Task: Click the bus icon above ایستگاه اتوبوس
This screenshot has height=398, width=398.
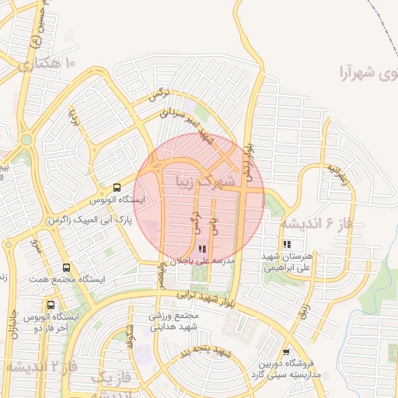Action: point(117,187)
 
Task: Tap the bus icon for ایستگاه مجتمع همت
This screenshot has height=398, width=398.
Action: point(66,266)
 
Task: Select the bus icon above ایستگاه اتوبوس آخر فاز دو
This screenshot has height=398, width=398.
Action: point(51,305)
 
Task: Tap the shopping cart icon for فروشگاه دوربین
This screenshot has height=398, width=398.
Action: point(286,352)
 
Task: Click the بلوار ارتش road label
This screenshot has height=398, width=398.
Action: point(248,155)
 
